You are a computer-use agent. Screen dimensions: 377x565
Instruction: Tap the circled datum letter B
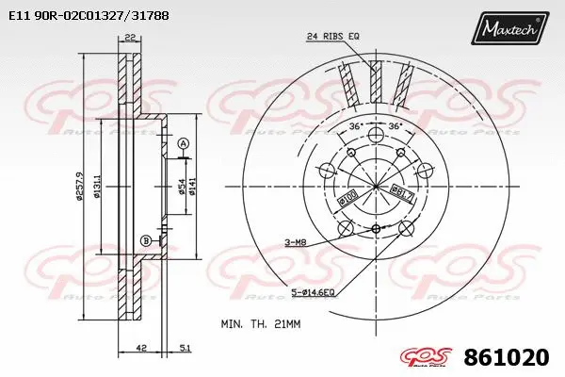(146, 240)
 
